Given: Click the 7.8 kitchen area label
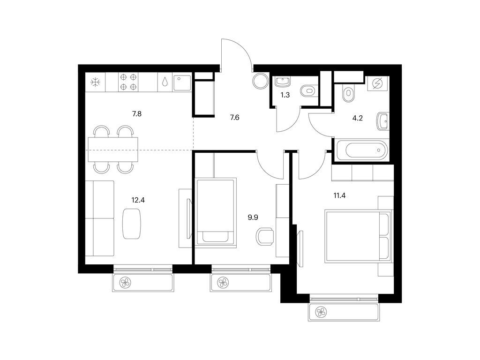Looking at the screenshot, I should pos(136,113).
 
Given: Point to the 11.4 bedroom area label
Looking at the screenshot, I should pos(340,195).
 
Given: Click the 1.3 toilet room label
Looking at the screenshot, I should pos(285,95).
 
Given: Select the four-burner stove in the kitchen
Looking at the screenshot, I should pos(128,82).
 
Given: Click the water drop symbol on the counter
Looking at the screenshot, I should pos(165,82).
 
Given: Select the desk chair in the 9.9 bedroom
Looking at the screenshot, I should pos(266,236).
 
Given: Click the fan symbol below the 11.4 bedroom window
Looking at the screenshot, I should pos(321,312).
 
